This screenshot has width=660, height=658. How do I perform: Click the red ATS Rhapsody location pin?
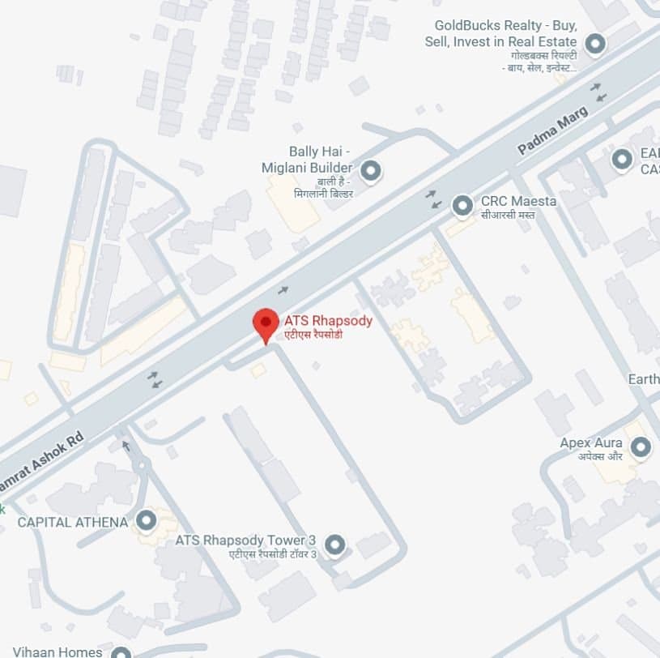(266, 324)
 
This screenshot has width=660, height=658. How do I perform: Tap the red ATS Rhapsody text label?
(328, 321)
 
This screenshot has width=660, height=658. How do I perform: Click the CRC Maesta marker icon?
(462, 206)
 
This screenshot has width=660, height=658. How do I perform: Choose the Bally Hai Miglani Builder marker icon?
(370, 171)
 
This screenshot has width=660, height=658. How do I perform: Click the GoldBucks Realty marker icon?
(595, 44)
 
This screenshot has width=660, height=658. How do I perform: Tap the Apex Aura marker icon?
(641, 446)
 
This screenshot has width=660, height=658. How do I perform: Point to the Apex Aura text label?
(591, 443)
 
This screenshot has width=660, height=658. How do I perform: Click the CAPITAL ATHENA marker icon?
(146, 520)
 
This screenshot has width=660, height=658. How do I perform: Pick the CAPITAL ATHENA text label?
(73, 522)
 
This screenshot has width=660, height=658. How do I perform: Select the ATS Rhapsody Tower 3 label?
(245, 540)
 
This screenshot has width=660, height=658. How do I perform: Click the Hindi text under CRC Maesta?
(507, 216)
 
